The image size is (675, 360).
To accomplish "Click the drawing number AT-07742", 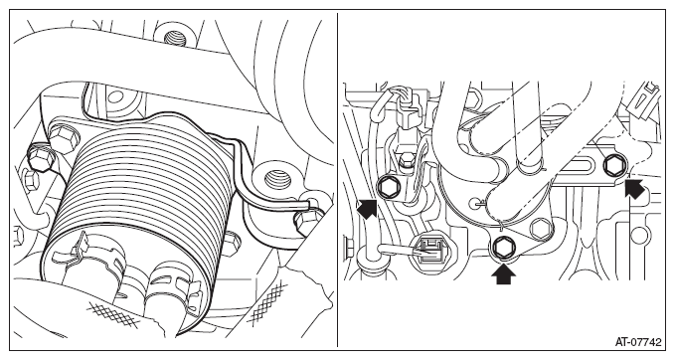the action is coord(638,342).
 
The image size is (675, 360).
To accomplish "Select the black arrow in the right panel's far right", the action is coord(635,190).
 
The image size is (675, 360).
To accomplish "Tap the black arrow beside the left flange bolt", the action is coord(367,208).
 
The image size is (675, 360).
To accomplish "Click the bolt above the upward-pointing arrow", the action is coord(502,247).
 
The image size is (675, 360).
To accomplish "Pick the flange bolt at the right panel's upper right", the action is coord(612,166).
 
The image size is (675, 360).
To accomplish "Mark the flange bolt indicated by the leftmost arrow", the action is coord(388,187).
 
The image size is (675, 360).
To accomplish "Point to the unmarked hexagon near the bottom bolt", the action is coord(540,228).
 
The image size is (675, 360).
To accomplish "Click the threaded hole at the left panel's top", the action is coord(175,39).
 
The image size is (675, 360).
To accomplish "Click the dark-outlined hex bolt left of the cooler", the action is coord(42,158).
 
